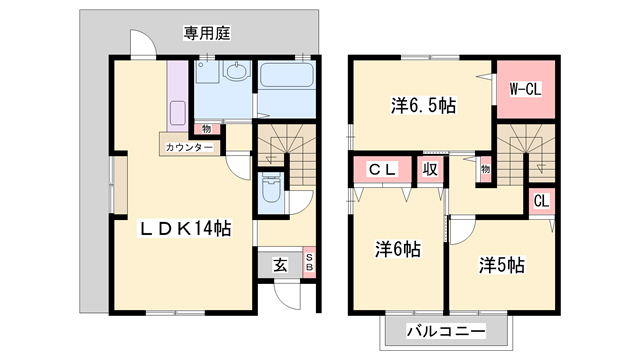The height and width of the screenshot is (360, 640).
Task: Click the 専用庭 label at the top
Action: coord(207,33)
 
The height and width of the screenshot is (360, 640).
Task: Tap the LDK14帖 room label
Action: coord(185,229)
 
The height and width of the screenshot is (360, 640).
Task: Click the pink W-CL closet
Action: coord(524,90)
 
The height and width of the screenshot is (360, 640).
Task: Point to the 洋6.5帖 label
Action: coord(422,104)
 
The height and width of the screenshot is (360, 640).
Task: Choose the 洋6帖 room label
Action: coord(397,248)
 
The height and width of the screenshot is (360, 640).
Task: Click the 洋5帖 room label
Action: coord(500,265)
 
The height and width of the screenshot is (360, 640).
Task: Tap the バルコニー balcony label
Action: coord(446,330)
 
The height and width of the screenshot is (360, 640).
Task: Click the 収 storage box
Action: coord(431,170)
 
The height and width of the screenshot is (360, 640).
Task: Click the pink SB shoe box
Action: coord(309,262)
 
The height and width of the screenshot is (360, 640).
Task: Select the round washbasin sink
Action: coord(237,72)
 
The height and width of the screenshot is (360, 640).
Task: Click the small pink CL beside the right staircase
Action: coord(540,201)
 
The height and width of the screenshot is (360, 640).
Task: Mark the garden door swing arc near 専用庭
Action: coord(141,44)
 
